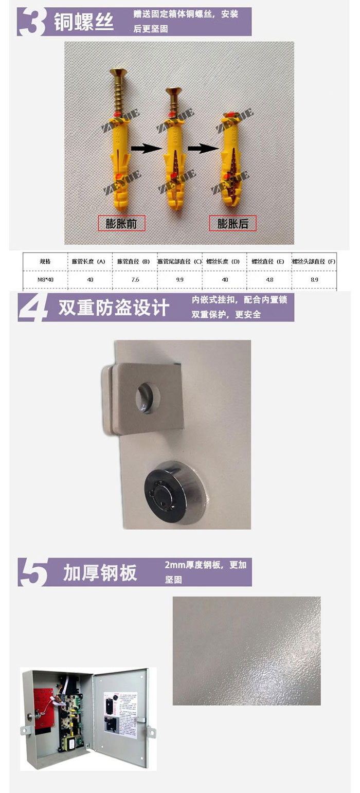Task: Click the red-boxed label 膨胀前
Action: coord(122,223)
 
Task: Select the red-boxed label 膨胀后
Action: coord(232,223)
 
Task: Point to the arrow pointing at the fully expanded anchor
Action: coord(201,149)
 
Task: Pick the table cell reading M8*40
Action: coord(45,280)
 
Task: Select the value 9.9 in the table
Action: coord(179,280)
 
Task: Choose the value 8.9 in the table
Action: coord(314,280)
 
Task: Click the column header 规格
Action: coord(45,262)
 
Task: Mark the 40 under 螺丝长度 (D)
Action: coord(224,280)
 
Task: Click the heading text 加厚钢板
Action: coord(100,572)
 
